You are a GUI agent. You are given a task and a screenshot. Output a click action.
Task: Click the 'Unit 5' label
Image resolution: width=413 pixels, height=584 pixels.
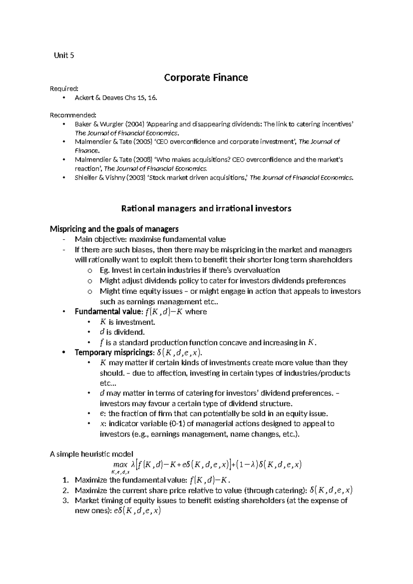pos(64,55)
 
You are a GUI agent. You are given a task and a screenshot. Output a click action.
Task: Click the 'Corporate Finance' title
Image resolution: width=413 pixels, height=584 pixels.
pos(206,78)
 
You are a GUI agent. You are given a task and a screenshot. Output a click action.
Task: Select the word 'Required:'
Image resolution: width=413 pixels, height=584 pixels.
pos(62,89)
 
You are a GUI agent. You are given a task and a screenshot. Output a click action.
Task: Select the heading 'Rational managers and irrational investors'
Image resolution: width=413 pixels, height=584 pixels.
pos(206,209)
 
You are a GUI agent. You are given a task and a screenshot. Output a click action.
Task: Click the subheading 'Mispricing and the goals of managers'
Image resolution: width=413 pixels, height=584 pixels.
pos(114,229)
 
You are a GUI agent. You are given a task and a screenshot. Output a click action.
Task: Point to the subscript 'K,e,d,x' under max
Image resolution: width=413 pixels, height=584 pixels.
pos(120,472)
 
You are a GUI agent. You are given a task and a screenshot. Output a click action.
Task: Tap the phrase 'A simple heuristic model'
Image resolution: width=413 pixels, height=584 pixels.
pos(91,454)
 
